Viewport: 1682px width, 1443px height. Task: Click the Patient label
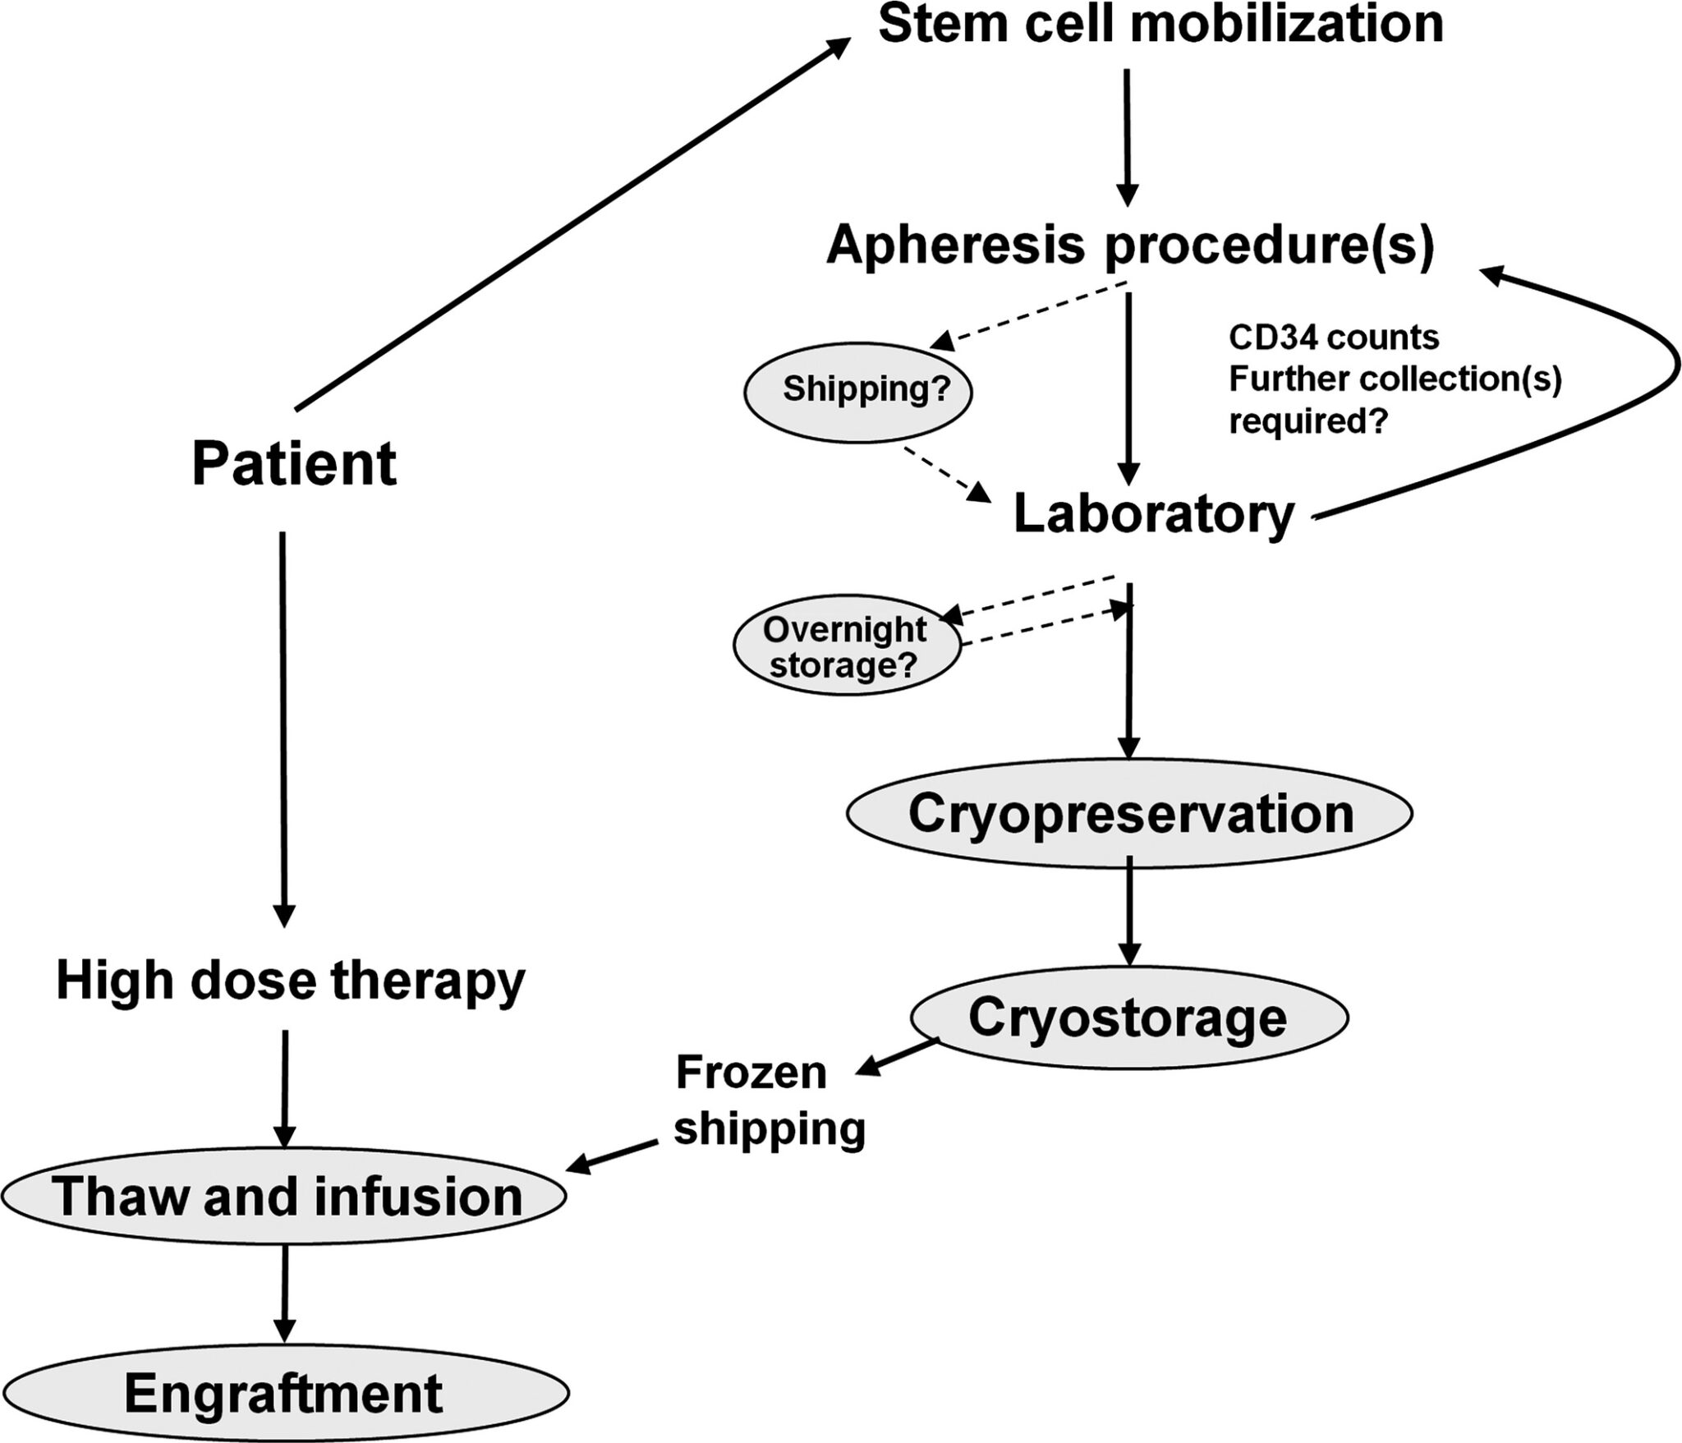(294, 465)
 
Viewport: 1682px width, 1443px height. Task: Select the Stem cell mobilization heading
(1160, 25)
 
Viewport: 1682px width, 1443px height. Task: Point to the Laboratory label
(1154, 515)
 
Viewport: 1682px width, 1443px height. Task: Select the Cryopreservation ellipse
(1130, 813)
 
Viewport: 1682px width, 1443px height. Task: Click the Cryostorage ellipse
(1128, 1018)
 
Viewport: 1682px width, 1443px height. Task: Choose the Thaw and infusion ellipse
(283, 1196)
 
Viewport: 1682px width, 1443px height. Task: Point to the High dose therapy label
(291, 981)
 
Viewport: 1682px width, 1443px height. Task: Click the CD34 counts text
(1333, 338)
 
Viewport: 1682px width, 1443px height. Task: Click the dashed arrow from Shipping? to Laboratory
(946, 475)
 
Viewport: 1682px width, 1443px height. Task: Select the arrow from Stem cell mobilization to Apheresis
(1128, 136)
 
